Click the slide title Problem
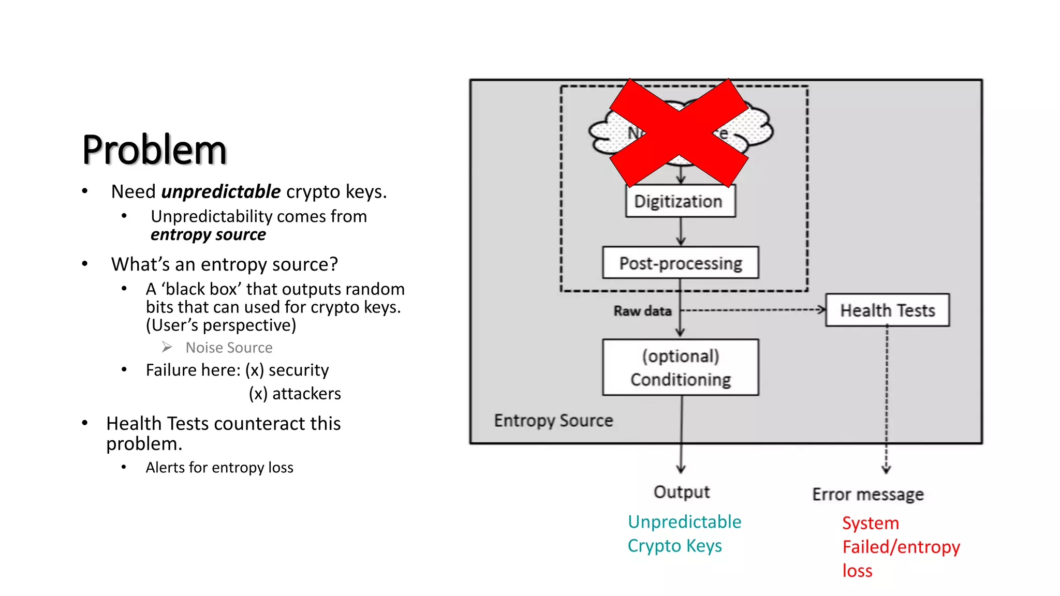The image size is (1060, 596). [154, 150]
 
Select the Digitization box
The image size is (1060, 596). [680, 201]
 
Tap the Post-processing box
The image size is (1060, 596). [680, 263]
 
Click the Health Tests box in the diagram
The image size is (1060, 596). [887, 310]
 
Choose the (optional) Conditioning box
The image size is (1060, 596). [680, 368]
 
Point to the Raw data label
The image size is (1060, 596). [642, 311]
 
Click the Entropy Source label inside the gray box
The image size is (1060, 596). [553, 421]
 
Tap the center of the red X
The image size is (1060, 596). [679, 133]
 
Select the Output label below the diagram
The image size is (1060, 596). [681, 492]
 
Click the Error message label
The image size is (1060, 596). [867, 495]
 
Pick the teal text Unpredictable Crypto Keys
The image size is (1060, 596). [684, 533]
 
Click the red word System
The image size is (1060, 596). [870, 523]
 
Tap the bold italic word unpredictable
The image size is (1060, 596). [221, 192]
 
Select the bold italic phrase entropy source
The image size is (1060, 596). [208, 235]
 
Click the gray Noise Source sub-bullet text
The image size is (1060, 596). [229, 348]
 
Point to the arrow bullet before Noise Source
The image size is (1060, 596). [167, 347]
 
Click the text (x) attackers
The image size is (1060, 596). [295, 394]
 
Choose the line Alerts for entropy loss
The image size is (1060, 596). [219, 468]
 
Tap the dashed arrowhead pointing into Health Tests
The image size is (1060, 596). [821, 310]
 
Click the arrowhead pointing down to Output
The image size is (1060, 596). [681, 469]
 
